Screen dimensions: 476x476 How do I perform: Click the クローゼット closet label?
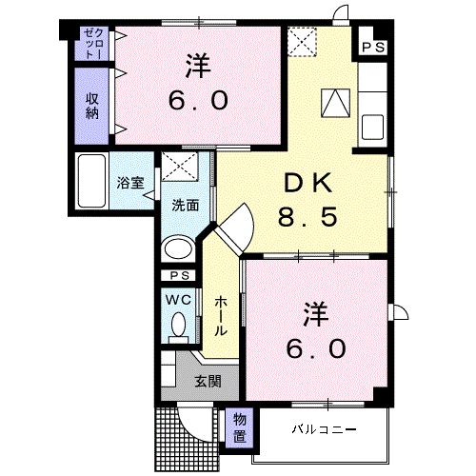click(90, 44)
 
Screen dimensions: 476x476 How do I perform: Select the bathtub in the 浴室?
click(94, 180)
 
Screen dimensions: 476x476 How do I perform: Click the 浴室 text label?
click(131, 182)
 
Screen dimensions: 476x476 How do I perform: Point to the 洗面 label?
click(185, 204)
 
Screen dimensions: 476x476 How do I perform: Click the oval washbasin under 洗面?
click(177, 249)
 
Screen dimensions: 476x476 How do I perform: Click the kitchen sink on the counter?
click(371, 126)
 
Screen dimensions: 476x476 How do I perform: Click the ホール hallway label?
click(221, 315)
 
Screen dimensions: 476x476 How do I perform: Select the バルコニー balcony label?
click(325, 429)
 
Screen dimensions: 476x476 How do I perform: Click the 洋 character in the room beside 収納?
click(198, 66)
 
